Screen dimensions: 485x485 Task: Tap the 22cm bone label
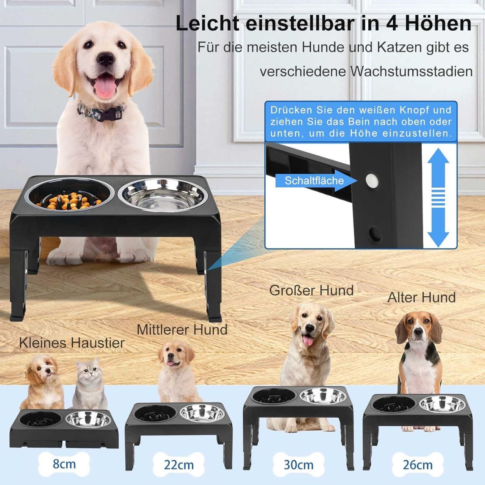[179, 465]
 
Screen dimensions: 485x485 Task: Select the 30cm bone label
[299, 465]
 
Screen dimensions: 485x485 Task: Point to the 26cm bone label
[418, 465]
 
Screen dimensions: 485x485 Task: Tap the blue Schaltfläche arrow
[316, 180]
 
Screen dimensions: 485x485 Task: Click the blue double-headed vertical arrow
[438, 197]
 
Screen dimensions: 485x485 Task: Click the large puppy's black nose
[106, 59]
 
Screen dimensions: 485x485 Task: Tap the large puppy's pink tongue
[105, 87]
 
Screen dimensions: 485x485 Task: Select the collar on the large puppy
[102, 111]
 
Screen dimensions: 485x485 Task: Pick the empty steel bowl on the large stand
[163, 195]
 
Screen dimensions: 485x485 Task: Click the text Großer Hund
[311, 291]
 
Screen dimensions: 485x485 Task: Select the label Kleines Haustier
[72, 343]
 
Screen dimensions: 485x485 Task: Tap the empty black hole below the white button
[374, 234]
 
